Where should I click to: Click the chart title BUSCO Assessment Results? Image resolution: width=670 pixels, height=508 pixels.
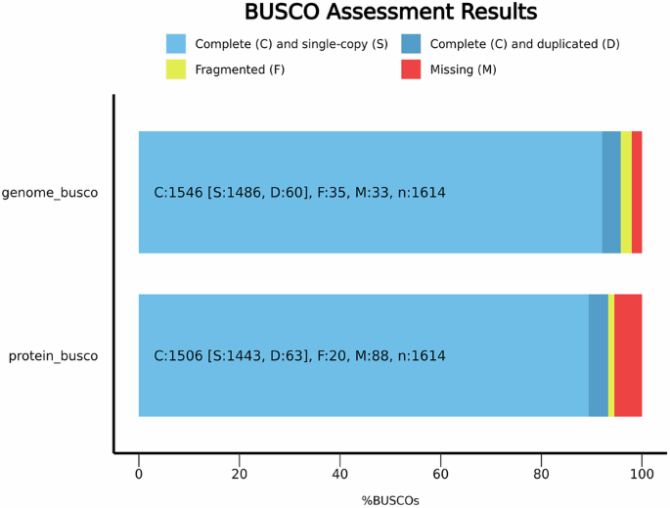click(x=389, y=13)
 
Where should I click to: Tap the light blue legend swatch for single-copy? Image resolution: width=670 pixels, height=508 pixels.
click(x=176, y=44)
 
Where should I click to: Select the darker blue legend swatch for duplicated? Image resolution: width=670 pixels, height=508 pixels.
click(x=411, y=44)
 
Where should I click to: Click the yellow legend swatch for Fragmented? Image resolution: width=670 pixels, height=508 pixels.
click(x=176, y=69)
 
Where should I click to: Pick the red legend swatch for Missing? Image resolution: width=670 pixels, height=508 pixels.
click(x=411, y=69)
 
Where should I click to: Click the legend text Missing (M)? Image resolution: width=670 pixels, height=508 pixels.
click(x=463, y=69)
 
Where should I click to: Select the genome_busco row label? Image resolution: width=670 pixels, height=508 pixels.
click(x=50, y=193)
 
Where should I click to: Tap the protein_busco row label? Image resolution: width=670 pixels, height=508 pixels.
click(x=54, y=356)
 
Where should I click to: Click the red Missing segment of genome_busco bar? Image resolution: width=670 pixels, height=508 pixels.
click(x=637, y=192)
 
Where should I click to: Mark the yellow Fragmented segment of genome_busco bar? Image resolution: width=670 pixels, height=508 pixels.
click(x=626, y=192)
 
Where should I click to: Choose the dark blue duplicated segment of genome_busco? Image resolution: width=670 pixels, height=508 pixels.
click(x=611, y=192)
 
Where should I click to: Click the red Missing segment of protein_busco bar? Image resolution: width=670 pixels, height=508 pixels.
click(x=628, y=355)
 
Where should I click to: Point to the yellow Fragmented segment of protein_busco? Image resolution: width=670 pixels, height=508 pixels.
click(x=611, y=355)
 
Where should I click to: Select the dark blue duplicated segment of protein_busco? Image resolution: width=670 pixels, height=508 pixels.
click(x=599, y=355)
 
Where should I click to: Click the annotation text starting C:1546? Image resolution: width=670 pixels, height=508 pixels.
click(x=299, y=193)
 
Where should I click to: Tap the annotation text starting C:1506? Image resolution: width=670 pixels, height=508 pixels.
click(x=299, y=356)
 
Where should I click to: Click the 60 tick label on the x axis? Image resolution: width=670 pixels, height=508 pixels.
click(x=440, y=475)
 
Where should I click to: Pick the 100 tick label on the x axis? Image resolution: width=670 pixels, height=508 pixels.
click(x=642, y=475)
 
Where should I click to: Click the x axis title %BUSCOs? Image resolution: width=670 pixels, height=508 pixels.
click(x=390, y=500)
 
